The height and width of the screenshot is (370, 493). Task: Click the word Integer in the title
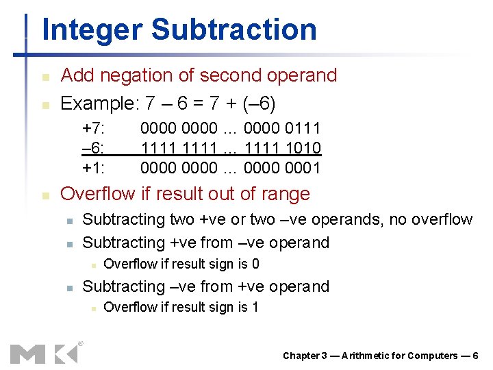click(92, 30)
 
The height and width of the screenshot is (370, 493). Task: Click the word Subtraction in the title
click(233, 30)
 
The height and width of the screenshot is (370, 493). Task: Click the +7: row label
click(93, 127)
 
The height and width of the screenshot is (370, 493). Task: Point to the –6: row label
click(93, 147)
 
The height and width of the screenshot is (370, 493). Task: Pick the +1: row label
click(93, 167)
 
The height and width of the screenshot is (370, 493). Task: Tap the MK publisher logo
click(45, 353)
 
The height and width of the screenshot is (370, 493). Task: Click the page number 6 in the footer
click(475, 356)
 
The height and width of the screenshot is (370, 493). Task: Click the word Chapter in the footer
click(301, 356)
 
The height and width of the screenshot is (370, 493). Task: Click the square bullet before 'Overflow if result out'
click(45, 195)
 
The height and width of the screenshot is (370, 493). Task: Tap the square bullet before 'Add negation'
click(45, 76)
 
